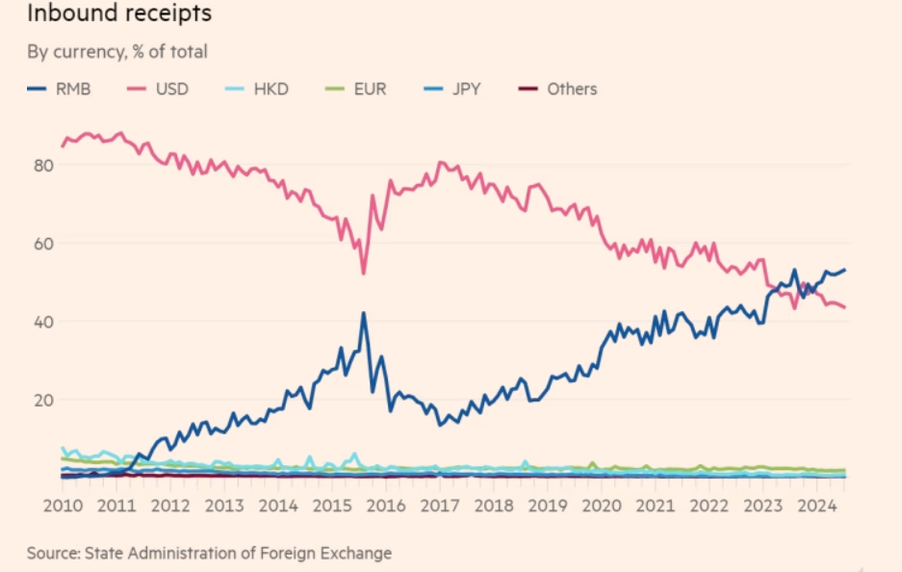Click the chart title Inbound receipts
click(119, 15)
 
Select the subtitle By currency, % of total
click(116, 52)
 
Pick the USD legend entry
click(171, 90)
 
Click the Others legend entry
click(572, 90)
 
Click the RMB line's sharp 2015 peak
click(364, 313)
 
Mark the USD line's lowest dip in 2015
click(364, 273)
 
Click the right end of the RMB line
click(844, 270)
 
